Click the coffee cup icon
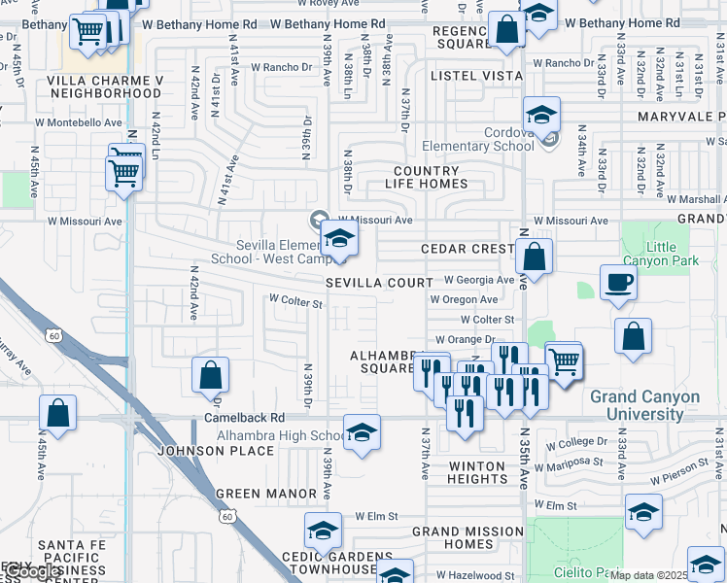click(x=618, y=284)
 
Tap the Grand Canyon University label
click(x=644, y=406)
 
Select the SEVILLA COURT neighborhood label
click(x=379, y=283)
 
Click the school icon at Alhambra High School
click(x=362, y=433)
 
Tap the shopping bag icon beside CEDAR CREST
click(x=534, y=258)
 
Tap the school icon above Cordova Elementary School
click(x=542, y=117)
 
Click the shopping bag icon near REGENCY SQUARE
click(x=507, y=30)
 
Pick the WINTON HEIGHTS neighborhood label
click(x=476, y=473)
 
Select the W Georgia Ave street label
click(x=478, y=280)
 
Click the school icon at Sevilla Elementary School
click(x=339, y=239)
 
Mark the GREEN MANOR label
click(x=266, y=494)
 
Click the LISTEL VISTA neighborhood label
click(x=467, y=75)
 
